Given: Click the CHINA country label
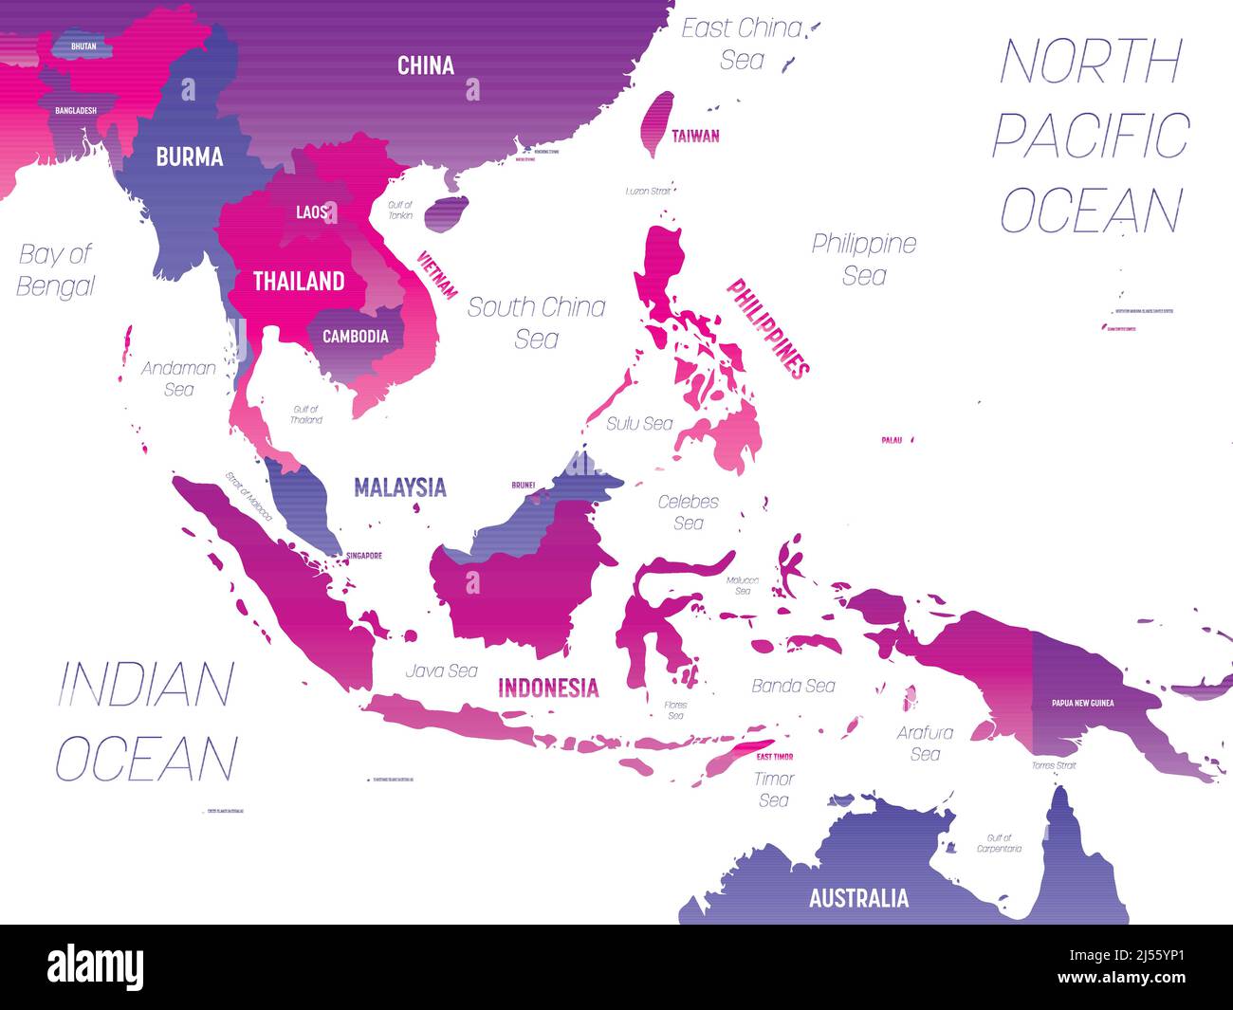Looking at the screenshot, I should pyautogui.click(x=426, y=65).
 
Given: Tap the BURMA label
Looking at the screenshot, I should pyautogui.click(x=190, y=156).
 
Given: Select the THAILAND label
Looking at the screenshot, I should pyautogui.click(x=298, y=281).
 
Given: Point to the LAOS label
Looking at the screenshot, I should pyautogui.click(x=311, y=212).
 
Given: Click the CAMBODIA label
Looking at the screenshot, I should pyautogui.click(x=355, y=336).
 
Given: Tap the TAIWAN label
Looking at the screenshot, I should pyautogui.click(x=695, y=136).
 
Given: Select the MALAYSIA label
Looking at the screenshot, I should pyautogui.click(x=399, y=487).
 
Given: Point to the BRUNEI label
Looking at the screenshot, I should pyautogui.click(x=524, y=485).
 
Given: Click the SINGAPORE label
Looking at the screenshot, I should pyautogui.click(x=364, y=556).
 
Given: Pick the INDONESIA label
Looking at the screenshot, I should pyautogui.click(x=548, y=688).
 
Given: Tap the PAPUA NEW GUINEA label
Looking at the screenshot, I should pyautogui.click(x=1082, y=703).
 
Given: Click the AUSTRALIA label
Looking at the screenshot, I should pyautogui.click(x=858, y=897).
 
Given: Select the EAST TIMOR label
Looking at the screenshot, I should pyautogui.click(x=775, y=757).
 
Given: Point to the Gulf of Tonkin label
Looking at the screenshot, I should pyautogui.click(x=399, y=211).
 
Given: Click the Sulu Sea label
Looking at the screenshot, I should pyautogui.click(x=640, y=423).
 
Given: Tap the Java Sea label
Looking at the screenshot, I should pyautogui.click(x=441, y=670).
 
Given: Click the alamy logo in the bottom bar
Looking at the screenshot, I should pyautogui.click(x=96, y=966).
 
